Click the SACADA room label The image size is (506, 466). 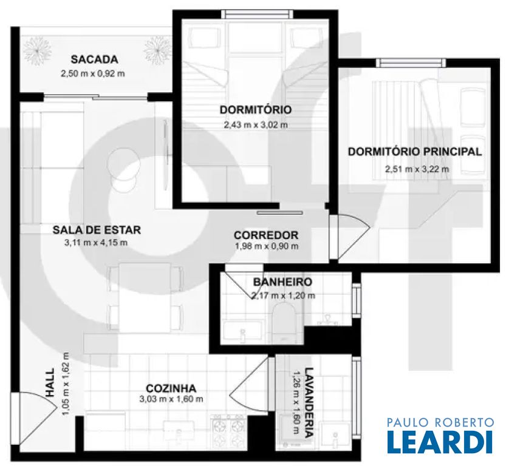(94, 59)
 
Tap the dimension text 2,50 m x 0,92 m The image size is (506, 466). (93, 73)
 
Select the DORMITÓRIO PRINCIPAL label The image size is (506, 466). (415, 152)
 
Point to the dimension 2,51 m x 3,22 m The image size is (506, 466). (417, 169)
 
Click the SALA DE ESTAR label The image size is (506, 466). (97, 230)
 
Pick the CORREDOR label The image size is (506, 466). (266, 235)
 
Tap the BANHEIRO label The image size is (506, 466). (282, 282)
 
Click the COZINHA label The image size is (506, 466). (171, 388)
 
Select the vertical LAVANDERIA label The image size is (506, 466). (309, 402)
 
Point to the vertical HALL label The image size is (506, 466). (50, 383)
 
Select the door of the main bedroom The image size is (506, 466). (349, 237)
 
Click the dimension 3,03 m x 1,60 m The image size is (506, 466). (171, 399)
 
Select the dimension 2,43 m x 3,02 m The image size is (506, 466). (256, 124)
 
